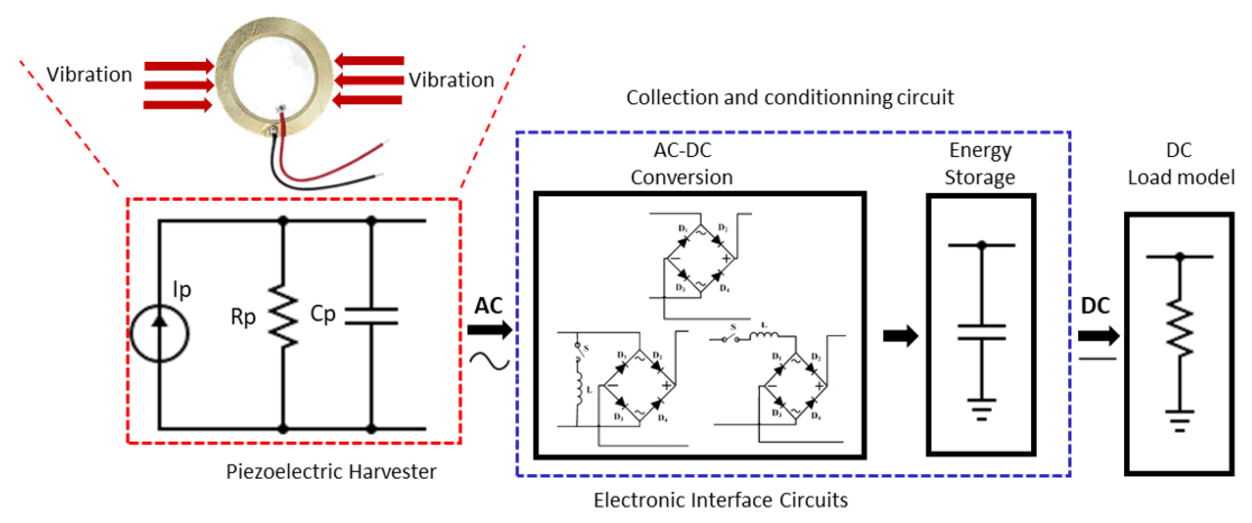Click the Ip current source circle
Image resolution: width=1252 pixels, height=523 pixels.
pos(160,333)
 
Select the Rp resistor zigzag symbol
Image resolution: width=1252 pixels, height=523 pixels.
pos(283,316)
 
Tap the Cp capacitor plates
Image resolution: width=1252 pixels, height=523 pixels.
pos(371,316)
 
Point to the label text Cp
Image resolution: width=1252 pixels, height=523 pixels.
pos(323,314)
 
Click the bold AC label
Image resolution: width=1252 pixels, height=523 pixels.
pos(489,305)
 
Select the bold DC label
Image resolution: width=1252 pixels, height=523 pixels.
pos(1096,305)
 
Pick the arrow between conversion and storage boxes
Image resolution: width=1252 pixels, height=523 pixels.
pos(900,335)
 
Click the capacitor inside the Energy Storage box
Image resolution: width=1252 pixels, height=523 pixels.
pos(981,332)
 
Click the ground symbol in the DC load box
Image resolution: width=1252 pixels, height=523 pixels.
pos(1179,420)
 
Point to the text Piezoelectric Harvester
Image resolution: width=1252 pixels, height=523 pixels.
pos(331,472)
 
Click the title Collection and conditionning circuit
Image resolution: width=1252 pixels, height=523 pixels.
pos(789,98)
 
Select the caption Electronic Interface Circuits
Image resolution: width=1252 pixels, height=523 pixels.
pos(720,500)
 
